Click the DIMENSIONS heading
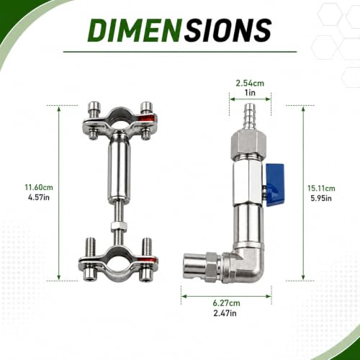coord(179,30)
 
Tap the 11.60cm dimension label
coord(39,187)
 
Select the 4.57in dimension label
coord(39,197)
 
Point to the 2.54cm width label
coord(250,84)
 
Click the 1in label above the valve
coord(250,93)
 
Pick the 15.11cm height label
coord(321,188)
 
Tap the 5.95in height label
coord(321,198)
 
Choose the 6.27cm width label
coord(226,303)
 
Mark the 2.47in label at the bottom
coord(225,313)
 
